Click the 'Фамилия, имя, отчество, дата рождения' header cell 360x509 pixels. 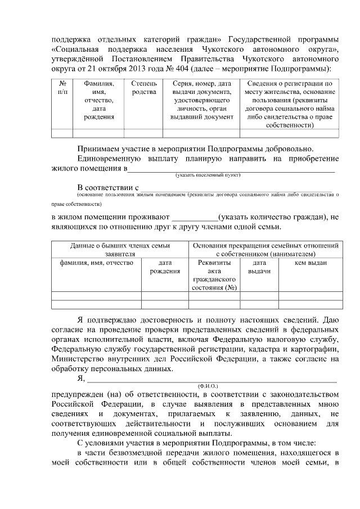click(x=98, y=100)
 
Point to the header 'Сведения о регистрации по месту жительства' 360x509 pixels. click(x=292, y=105)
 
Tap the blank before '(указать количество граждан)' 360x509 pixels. click(x=194, y=217)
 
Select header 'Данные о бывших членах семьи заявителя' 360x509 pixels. click(x=120, y=250)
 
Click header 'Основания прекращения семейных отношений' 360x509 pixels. click(x=265, y=250)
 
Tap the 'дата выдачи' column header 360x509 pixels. click(x=259, y=267)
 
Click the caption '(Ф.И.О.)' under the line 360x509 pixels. click(x=208, y=386)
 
